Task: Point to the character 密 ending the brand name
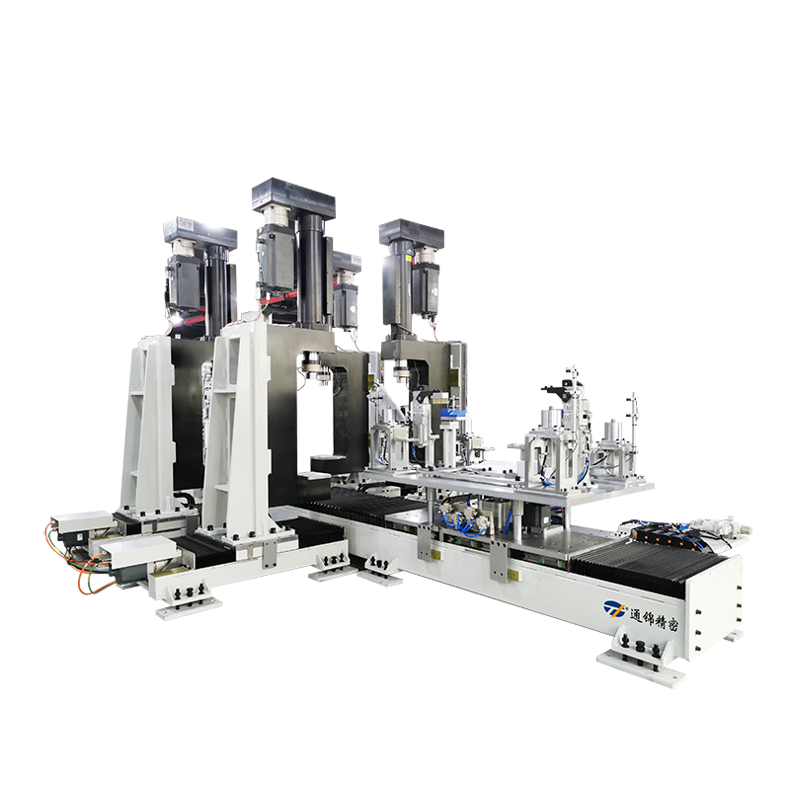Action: (x=671, y=625)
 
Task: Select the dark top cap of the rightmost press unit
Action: (x=412, y=233)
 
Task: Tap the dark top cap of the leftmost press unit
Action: (x=200, y=233)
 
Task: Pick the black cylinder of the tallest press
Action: (x=311, y=269)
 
